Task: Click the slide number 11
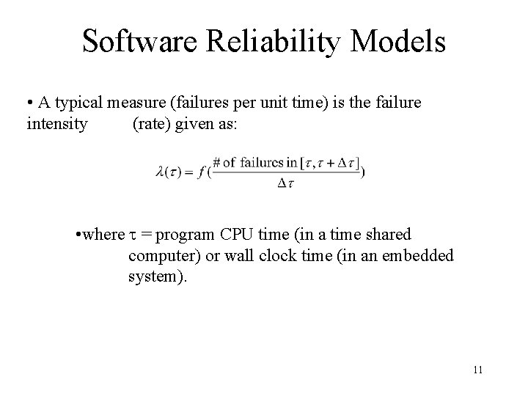[x=477, y=370]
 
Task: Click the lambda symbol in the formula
[x=161, y=172]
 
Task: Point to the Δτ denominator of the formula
[x=286, y=183]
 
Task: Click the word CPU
[x=254, y=235]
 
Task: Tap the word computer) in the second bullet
[x=161, y=256]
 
